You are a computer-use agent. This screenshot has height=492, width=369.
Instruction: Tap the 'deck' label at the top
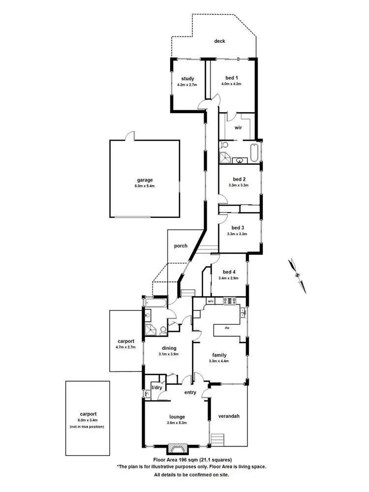[219, 41]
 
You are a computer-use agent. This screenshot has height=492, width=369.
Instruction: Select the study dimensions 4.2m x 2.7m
[187, 85]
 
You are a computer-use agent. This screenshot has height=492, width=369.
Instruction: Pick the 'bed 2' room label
[239, 179]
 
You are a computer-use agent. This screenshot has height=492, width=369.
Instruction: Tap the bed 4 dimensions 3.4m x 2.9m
[228, 278]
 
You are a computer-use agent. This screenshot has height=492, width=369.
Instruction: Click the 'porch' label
[181, 246]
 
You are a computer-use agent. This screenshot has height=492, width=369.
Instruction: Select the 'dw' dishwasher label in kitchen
[227, 327]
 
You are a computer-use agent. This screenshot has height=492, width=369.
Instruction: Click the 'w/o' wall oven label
[211, 301]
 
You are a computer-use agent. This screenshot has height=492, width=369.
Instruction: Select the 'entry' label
[190, 392]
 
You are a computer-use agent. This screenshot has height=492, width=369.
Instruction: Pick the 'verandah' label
[229, 416]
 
